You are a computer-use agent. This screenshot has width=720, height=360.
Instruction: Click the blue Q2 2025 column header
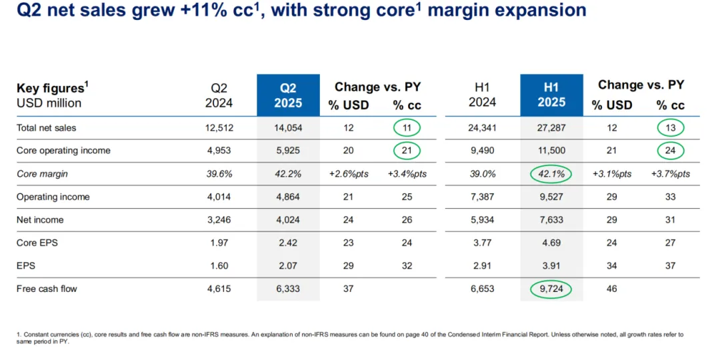(x=288, y=95)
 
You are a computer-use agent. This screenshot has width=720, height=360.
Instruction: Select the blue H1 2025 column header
(x=551, y=95)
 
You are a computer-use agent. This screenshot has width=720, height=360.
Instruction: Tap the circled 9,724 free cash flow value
(x=551, y=289)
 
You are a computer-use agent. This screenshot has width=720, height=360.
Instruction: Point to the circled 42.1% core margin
(x=551, y=173)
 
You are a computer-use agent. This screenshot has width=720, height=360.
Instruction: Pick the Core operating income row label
(x=63, y=151)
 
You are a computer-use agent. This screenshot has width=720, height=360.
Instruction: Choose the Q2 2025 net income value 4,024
(x=288, y=219)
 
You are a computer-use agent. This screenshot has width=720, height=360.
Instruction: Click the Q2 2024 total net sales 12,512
(x=219, y=127)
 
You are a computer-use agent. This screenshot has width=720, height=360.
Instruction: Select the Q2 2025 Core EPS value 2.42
(x=288, y=243)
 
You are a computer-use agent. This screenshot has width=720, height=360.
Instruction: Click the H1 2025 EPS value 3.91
(x=551, y=265)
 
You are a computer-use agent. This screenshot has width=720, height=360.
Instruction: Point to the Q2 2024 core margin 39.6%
(x=219, y=173)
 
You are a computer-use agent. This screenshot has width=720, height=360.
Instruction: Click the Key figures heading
(x=51, y=88)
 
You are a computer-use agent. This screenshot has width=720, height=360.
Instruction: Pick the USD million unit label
(x=49, y=103)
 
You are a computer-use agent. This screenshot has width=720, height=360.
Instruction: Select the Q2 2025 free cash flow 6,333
(x=288, y=289)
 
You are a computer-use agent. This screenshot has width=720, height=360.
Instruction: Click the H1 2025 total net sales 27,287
(x=551, y=127)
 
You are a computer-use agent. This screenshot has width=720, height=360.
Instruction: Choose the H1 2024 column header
(x=482, y=95)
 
